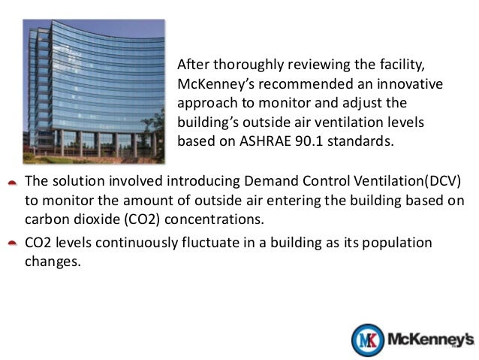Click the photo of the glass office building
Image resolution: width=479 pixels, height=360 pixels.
click(x=93, y=89)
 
